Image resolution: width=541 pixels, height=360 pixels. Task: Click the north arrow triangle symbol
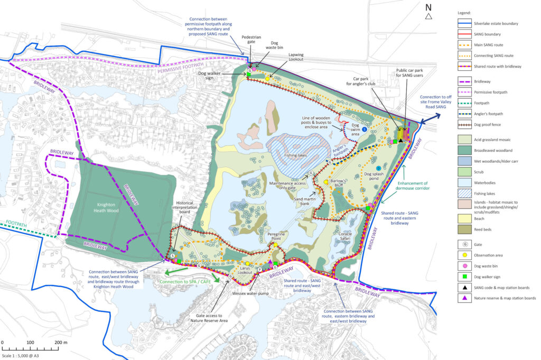pos(428,16)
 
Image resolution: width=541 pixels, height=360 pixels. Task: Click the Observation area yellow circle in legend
pos(465,255)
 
